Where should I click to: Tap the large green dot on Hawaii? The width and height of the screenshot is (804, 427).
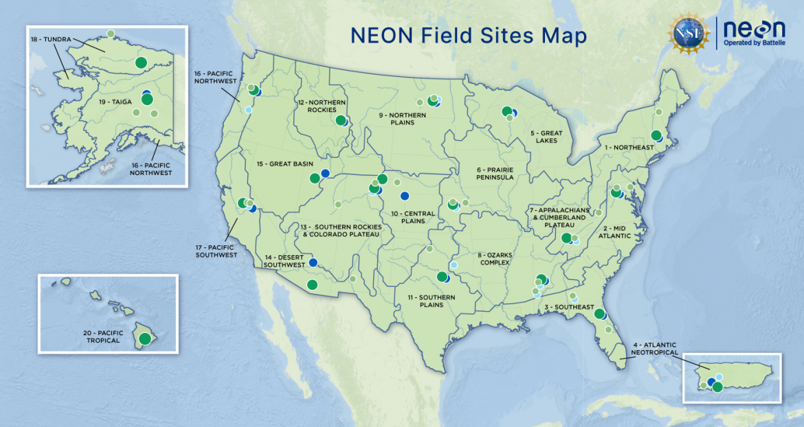point(144,338)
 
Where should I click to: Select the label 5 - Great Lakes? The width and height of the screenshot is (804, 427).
point(546,137)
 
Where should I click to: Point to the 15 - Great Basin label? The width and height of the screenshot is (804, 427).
point(279,164)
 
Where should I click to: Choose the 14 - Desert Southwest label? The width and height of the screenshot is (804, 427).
point(284,260)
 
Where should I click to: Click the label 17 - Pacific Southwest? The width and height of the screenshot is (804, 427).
point(216,250)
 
